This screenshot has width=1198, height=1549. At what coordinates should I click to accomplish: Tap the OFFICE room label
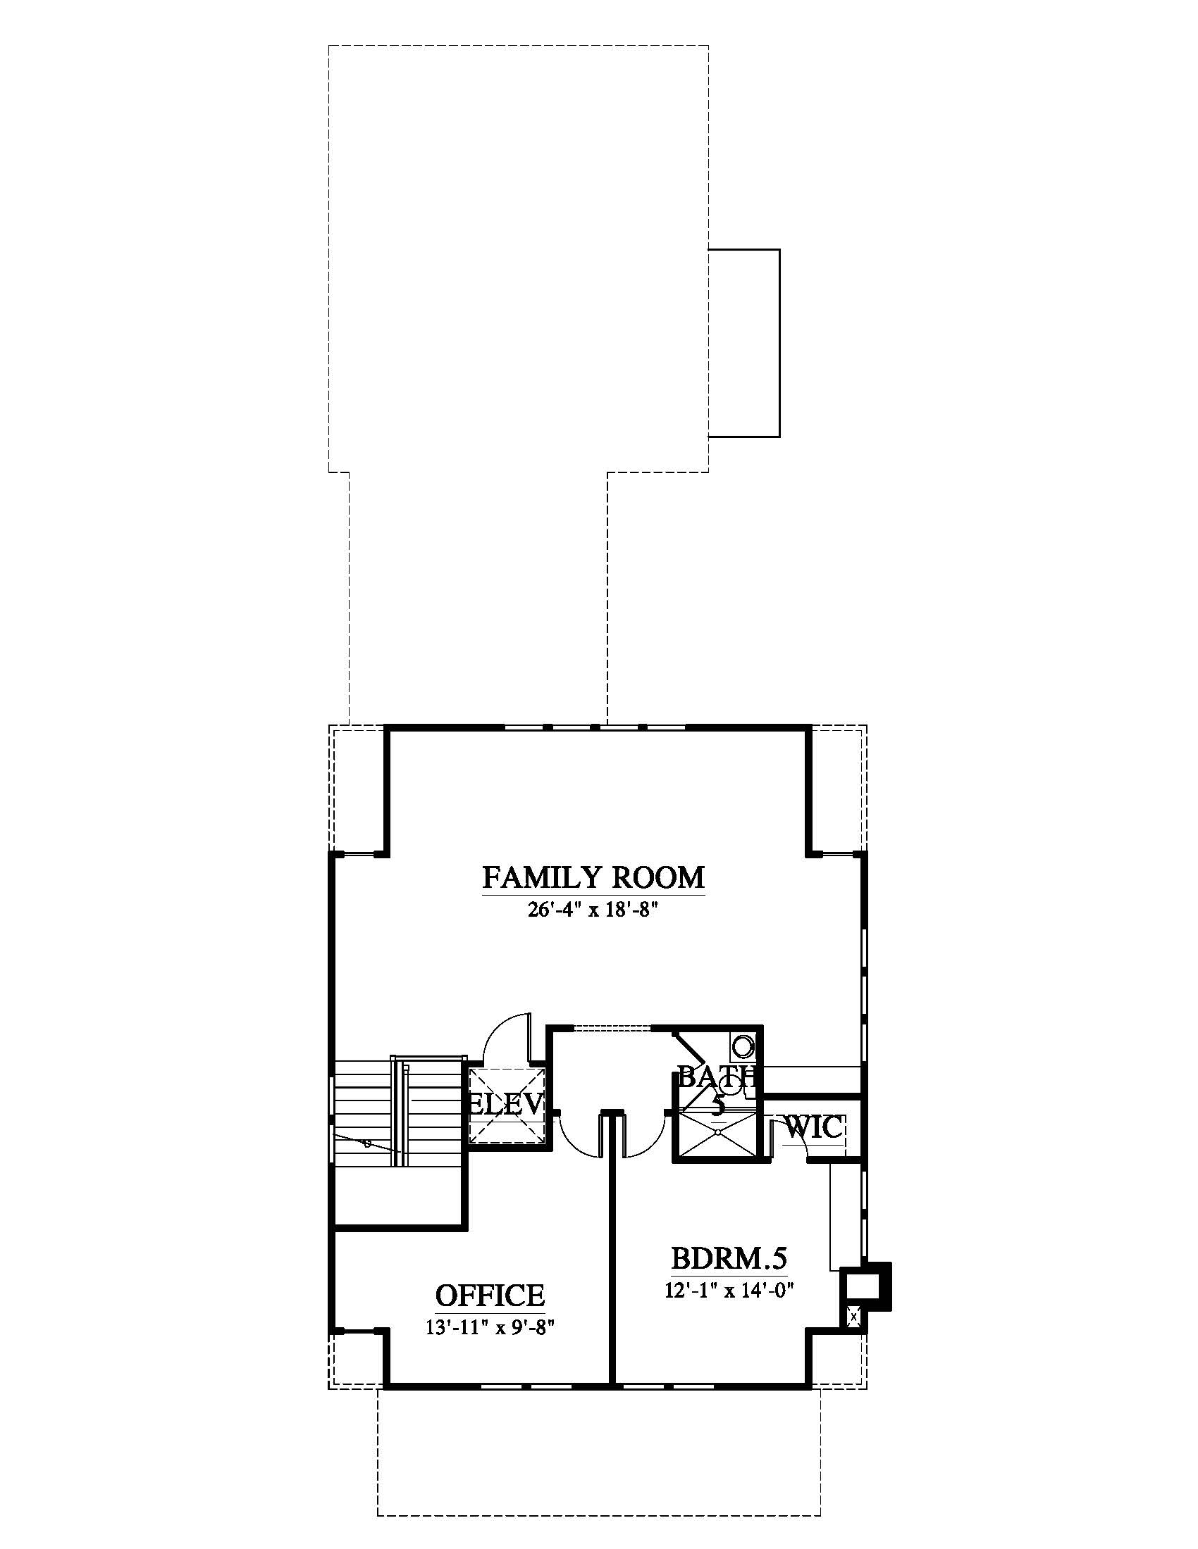(x=490, y=1295)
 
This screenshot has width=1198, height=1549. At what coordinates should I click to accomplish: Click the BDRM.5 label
(x=729, y=1258)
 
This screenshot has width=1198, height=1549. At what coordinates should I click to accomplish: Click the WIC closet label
(x=813, y=1127)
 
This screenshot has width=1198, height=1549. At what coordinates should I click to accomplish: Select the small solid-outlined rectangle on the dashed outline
(x=744, y=343)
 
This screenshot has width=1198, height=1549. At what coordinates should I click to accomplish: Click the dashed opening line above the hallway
(x=612, y=1027)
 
